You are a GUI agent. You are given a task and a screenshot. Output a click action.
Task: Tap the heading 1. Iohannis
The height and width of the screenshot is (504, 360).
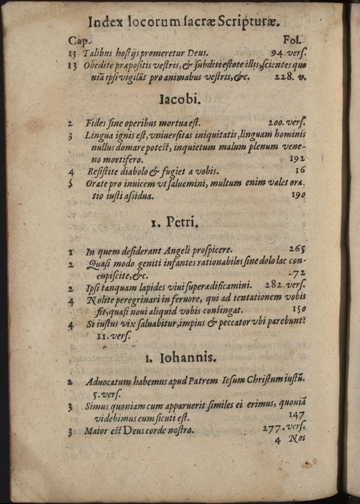[181, 359]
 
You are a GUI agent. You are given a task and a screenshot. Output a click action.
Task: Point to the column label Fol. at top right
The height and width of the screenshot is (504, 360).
[293, 39]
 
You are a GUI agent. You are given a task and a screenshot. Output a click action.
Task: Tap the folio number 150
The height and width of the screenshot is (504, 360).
[299, 308]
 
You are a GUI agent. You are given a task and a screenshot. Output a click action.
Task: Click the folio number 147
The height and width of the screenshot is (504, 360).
[296, 415]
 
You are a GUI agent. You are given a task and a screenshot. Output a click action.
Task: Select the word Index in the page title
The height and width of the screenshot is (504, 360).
[105, 22]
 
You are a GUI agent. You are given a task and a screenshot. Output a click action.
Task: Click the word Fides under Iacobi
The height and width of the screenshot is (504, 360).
[96, 123]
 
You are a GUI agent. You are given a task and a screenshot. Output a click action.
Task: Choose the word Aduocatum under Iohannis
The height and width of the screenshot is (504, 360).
[107, 381]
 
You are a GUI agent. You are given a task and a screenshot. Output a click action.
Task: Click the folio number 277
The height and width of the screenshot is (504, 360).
[273, 428]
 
